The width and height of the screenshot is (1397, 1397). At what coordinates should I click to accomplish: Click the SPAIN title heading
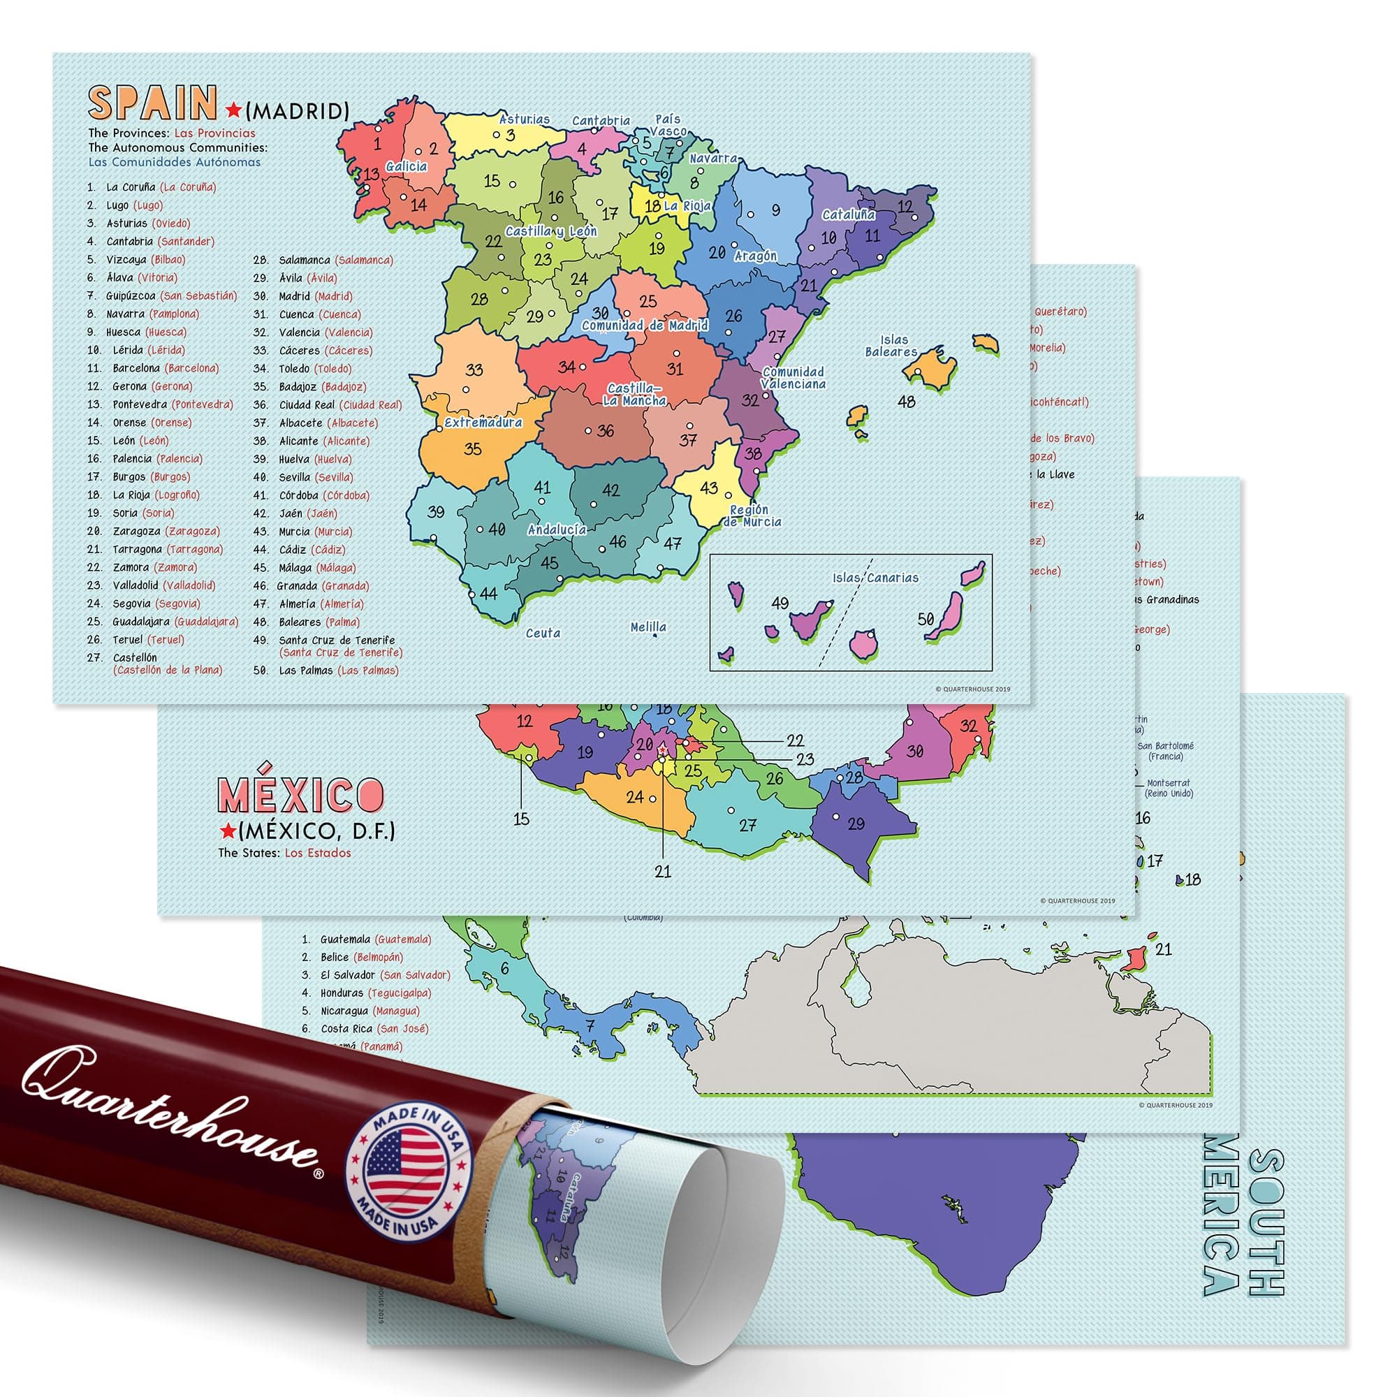[x=152, y=103]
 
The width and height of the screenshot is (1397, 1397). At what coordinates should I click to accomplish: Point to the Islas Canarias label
[x=875, y=578]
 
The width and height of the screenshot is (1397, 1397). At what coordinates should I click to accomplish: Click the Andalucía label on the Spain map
[x=557, y=529]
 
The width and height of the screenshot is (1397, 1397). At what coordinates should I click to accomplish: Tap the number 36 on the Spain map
[x=605, y=431]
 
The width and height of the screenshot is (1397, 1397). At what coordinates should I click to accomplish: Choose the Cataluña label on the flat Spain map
[x=848, y=214]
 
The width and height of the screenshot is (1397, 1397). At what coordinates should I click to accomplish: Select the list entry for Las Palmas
[x=338, y=671]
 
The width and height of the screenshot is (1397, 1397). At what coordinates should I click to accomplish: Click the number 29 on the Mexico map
[x=856, y=824]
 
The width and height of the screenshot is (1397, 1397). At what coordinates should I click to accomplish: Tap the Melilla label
[x=648, y=627]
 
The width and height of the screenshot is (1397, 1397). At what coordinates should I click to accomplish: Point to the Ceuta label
[x=543, y=634]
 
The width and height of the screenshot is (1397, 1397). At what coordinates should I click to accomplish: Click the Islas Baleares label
[x=891, y=346]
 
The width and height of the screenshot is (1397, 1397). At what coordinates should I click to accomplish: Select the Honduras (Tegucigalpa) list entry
[x=376, y=993]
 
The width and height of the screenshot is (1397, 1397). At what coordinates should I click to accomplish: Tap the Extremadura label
[x=483, y=423]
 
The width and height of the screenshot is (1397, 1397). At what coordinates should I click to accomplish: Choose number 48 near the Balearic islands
[x=906, y=400]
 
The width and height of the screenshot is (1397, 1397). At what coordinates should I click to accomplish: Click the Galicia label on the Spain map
[x=407, y=166]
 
